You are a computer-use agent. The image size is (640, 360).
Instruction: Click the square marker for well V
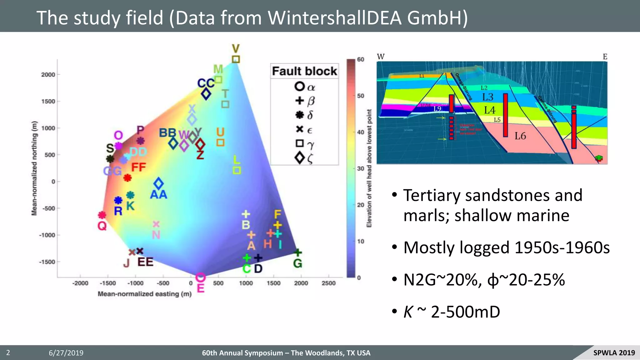236,59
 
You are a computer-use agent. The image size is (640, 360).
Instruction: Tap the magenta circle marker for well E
200,277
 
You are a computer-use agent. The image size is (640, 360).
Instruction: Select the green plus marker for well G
298,252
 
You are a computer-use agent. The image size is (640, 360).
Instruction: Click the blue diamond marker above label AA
158,183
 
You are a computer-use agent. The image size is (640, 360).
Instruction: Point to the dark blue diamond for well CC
206,94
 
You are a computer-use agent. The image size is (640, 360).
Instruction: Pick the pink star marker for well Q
102,215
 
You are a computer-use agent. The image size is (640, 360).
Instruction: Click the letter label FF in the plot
138,167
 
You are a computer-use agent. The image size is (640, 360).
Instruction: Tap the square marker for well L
237,170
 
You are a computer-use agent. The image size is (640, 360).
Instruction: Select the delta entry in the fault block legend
304,115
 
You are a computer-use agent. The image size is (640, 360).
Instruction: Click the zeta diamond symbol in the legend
299,158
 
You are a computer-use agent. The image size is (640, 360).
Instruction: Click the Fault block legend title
304,71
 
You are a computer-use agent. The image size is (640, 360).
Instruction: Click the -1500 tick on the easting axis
107,283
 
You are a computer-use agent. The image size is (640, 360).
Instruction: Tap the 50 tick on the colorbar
361,96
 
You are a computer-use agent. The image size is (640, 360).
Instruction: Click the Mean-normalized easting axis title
144,294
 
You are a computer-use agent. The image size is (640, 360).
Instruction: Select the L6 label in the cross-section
520,136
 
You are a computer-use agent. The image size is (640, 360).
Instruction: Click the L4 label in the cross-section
490,110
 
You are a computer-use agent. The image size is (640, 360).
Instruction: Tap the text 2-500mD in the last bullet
465,312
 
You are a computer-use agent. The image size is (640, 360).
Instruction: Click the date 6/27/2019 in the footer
66,353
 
